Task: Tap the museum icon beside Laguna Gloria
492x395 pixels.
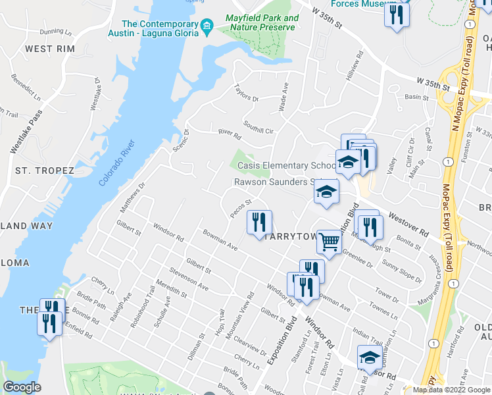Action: pyautogui.click(x=208, y=27)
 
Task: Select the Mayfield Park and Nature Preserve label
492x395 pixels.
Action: pyautogui.click(x=261, y=23)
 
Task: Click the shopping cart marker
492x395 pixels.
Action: pyautogui.click(x=329, y=242)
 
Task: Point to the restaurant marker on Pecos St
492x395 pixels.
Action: pyautogui.click(x=259, y=222)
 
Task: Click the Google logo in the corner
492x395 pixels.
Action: pyautogui.click(x=22, y=387)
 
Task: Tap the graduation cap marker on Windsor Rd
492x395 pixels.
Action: pyautogui.click(x=369, y=359)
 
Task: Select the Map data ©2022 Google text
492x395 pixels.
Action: pyautogui.click(x=452, y=390)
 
